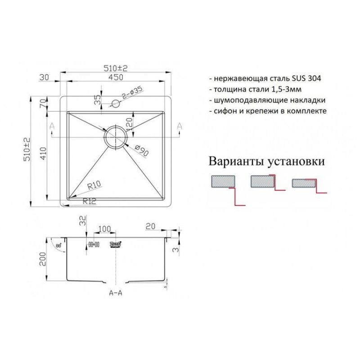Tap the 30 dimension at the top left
[x=44, y=77]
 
